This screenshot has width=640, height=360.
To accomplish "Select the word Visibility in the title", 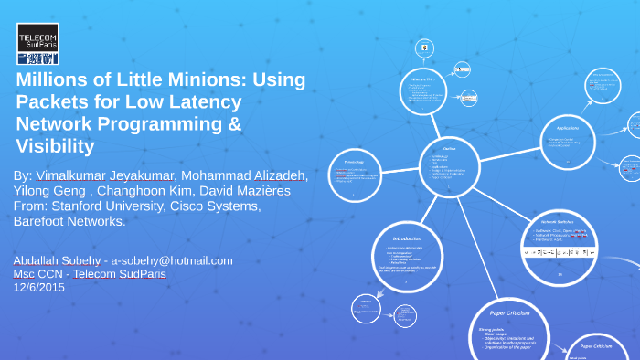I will [55, 146].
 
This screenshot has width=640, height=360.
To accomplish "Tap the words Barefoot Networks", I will [69, 221].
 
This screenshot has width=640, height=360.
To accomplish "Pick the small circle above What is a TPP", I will [423, 47].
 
